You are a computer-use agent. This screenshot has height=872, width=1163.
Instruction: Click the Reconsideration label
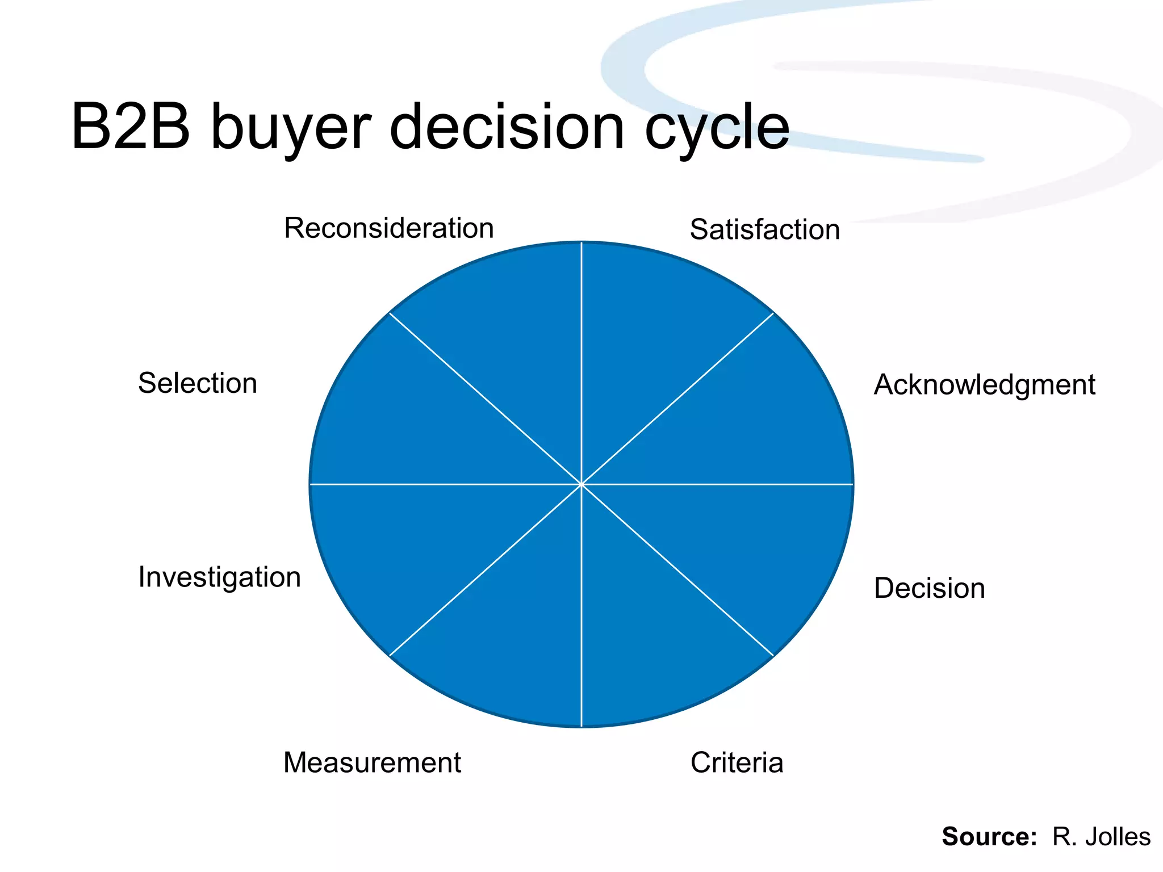(x=389, y=228)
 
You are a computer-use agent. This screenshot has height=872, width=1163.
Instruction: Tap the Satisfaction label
(x=764, y=230)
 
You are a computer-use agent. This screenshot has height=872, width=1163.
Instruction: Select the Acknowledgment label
(x=984, y=385)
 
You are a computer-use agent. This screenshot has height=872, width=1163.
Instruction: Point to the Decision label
(x=929, y=588)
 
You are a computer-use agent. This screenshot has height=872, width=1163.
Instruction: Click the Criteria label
(x=737, y=762)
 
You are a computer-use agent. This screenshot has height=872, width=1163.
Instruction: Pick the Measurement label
(x=372, y=762)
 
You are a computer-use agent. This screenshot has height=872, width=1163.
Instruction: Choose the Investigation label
(x=219, y=577)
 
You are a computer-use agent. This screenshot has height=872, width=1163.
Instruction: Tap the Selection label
(x=198, y=383)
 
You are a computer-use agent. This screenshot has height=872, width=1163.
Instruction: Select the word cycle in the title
(x=717, y=128)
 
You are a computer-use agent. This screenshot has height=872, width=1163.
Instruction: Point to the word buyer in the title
(x=291, y=128)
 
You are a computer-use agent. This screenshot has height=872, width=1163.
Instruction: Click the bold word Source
(x=989, y=837)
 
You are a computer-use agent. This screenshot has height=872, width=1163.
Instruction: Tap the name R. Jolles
(x=1101, y=837)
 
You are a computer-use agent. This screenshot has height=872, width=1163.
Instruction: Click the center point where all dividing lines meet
(x=581, y=484)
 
